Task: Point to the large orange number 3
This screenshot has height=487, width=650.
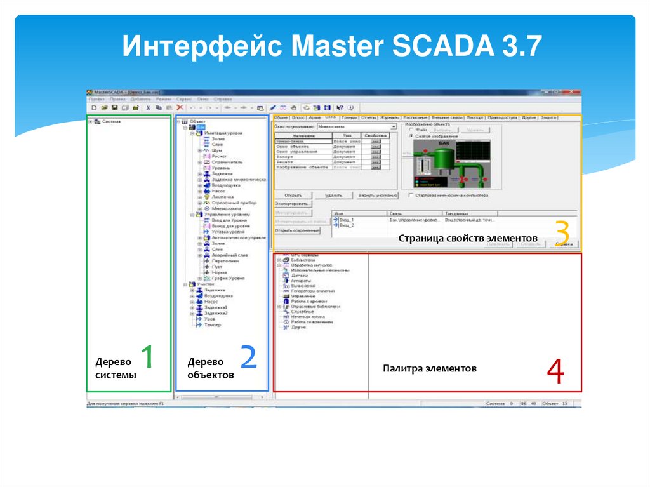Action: click(561, 234)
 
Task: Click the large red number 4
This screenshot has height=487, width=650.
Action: click(555, 373)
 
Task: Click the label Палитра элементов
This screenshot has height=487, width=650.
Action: click(429, 368)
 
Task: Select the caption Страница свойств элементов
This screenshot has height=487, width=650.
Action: click(468, 238)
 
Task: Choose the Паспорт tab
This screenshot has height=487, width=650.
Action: click(475, 117)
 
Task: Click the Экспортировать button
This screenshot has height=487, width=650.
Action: click(293, 204)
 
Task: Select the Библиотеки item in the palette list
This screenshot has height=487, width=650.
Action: click(303, 260)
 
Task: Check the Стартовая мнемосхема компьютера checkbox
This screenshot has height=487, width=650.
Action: click(411, 195)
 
